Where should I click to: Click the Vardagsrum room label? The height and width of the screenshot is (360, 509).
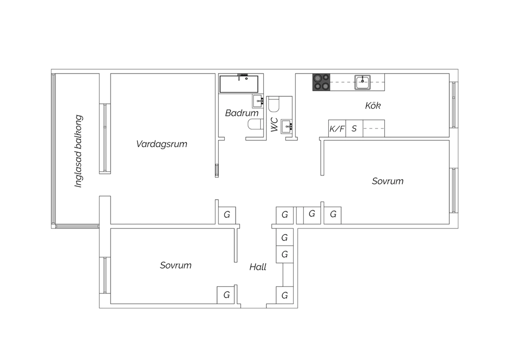(x=162, y=144)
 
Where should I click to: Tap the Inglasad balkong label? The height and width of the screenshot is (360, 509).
(x=78, y=151)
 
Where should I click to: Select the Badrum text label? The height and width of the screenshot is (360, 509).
(x=242, y=113)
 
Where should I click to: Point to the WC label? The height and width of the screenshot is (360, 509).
(x=274, y=125)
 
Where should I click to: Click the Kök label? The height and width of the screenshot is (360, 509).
(x=373, y=106)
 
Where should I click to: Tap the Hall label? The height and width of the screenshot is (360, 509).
(x=258, y=267)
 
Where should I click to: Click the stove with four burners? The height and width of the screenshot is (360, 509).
(x=321, y=82)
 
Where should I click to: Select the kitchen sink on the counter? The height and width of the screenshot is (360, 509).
(x=362, y=82)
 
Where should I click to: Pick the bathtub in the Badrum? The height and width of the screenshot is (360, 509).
(x=239, y=84)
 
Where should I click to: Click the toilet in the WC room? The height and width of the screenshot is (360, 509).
(x=274, y=104)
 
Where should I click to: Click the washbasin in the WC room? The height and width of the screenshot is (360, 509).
(x=286, y=126)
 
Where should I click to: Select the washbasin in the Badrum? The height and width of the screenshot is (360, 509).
(x=258, y=101)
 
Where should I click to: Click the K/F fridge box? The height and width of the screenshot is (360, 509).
(x=337, y=128)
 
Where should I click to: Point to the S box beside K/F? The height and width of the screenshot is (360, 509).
(x=354, y=128)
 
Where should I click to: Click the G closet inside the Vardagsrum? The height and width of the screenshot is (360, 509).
(x=227, y=215)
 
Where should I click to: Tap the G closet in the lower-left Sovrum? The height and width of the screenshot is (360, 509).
(x=226, y=295)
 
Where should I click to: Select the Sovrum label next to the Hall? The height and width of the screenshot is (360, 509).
(x=176, y=265)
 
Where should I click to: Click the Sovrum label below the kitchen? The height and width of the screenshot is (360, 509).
(x=388, y=181)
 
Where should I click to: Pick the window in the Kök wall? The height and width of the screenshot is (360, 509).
(x=454, y=105)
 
